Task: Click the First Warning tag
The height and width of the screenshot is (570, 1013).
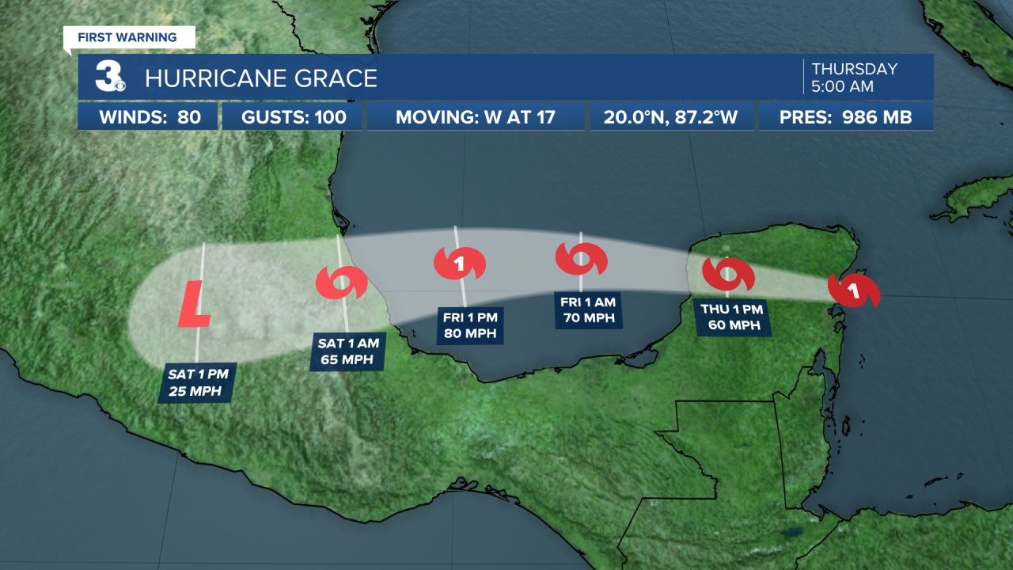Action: [127, 37]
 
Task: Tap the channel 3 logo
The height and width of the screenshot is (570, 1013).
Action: [109, 77]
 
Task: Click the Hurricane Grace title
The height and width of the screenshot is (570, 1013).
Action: [260, 78]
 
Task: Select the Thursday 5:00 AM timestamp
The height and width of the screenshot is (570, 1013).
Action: [854, 77]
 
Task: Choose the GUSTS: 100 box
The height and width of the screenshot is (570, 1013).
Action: [292, 118]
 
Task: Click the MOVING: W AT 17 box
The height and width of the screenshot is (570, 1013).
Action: [476, 118]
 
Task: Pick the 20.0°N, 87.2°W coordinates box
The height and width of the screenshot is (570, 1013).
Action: [670, 118]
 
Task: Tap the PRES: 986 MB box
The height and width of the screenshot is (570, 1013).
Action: [845, 118]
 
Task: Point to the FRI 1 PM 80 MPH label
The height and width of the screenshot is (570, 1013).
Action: [470, 325]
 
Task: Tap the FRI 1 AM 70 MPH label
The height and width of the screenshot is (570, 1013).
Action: [589, 310]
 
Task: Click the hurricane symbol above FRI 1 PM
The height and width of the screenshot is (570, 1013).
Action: [459, 264]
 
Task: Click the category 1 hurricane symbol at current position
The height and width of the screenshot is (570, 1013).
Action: [853, 291]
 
